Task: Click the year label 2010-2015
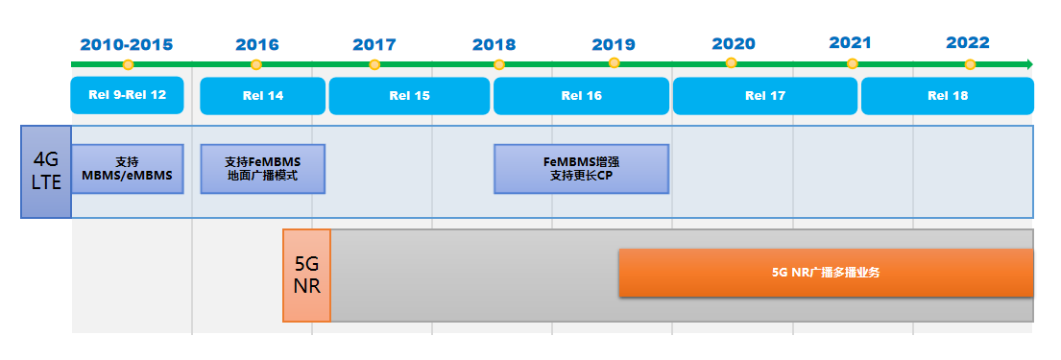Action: (127, 44)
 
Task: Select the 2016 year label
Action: (256, 44)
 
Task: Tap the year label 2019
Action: (614, 44)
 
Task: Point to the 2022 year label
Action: (968, 43)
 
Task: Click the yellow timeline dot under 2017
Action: (374, 64)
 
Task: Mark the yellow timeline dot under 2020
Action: (732, 63)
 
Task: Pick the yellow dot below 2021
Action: (852, 63)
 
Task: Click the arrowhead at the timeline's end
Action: (1028, 64)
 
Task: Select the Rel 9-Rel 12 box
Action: (127, 95)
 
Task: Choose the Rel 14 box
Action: (262, 96)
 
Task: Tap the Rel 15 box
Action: (409, 96)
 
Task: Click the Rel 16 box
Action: (581, 96)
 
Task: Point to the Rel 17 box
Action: (764, 96)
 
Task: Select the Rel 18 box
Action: (947, 96)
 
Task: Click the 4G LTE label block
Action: (46, 171)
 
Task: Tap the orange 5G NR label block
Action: (306, 276)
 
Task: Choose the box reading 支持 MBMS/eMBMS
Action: (127, 169)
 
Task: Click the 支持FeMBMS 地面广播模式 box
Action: (262, 169)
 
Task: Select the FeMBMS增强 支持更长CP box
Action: (581, 169)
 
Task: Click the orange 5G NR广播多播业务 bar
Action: (826, 273)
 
